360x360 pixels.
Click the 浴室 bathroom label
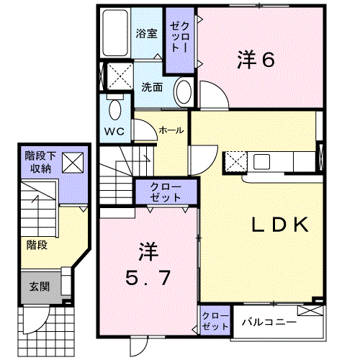(x=146, y=34)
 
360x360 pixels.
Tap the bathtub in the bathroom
(x=114, y=33)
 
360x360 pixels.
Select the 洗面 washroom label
(x=152, y=87)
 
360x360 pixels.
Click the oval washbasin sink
(x=184, y=92)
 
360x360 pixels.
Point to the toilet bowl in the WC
(x=115, y=109)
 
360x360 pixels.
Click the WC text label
(x=114, y=131)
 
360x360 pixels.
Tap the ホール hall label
(x=171, y=130)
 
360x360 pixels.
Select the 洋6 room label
(x=256, y=60)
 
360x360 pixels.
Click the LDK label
(x=280, y=225)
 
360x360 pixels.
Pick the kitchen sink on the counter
(x=261, y=161)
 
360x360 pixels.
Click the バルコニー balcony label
(x=269, y=322)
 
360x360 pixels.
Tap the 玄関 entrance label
(x=40, y=287)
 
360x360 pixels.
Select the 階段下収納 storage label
(x=40, y=162)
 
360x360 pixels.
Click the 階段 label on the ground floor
(x=37, y=246)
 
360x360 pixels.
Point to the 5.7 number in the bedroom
(x=148, y=278)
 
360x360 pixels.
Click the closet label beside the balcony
(x=215, y=321)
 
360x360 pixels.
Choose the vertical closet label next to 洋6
(x=180, y=37)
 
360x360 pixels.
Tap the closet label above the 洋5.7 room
(x=166, y=192)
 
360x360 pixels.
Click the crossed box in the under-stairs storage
(x=73, y=163)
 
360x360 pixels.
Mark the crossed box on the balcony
(x=310, y=310)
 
